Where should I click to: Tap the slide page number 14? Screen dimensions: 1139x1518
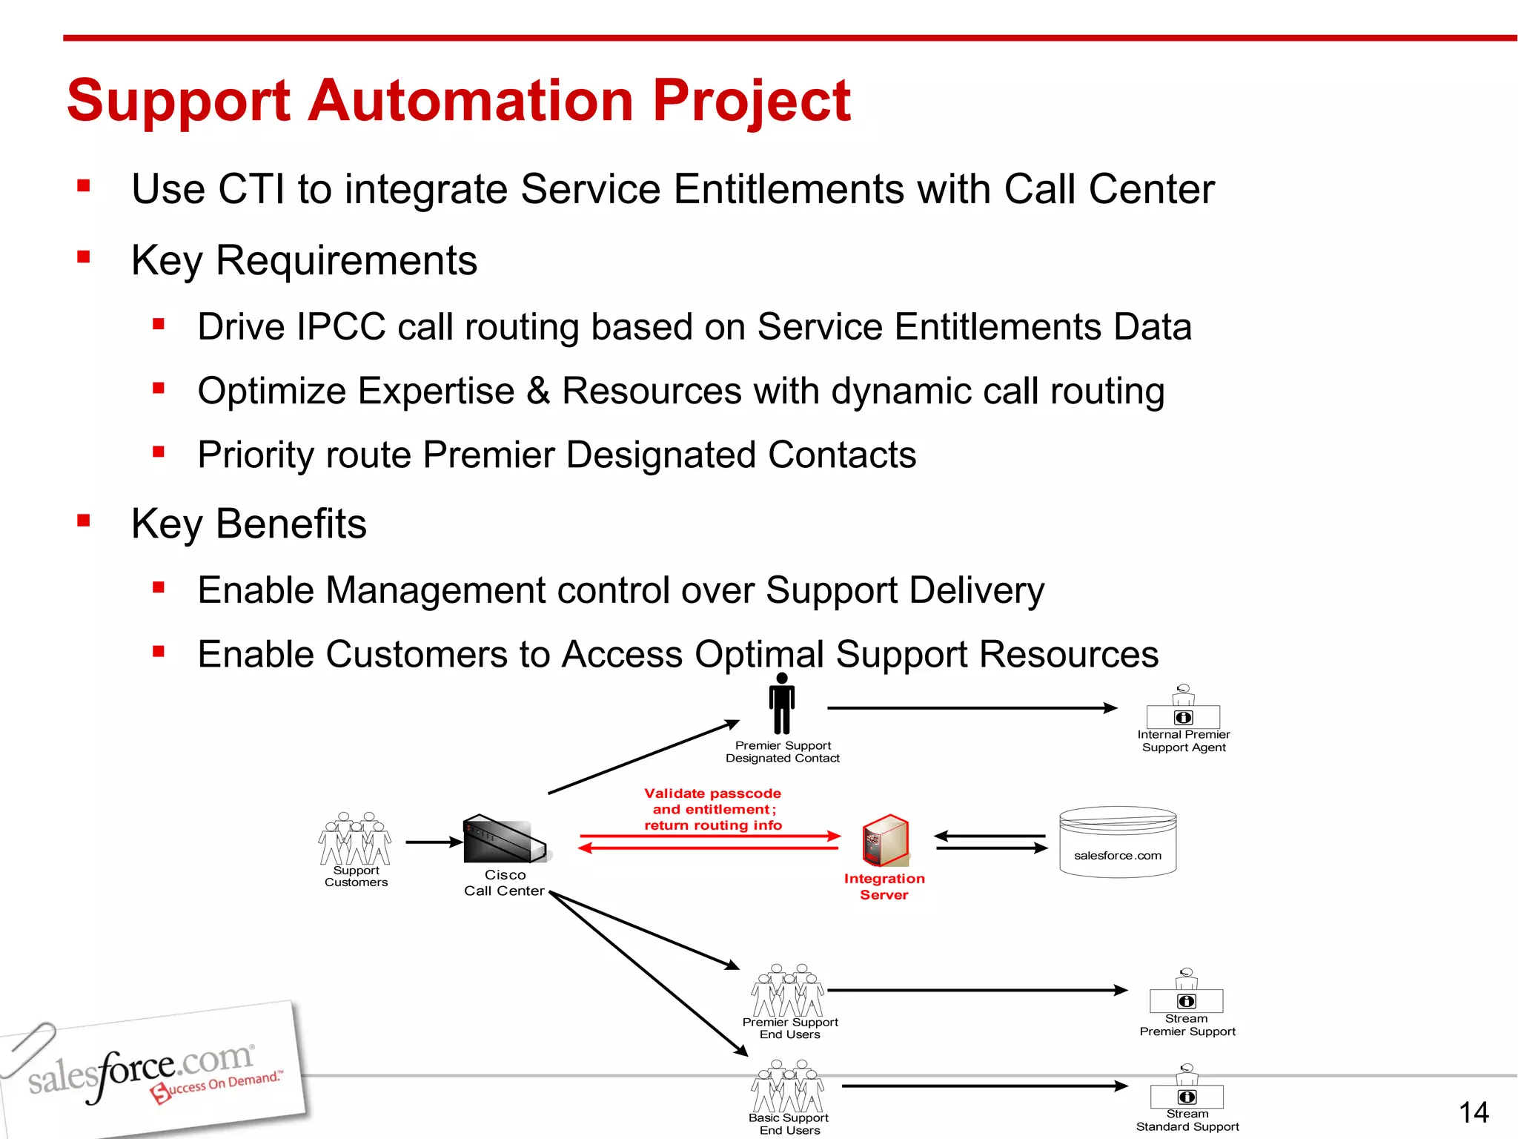pyautogui.click(x=1473, y=1112)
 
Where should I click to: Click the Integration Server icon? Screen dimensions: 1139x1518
pyautogui.click(x=886, y=840)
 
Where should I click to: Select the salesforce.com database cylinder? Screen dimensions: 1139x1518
pyautogui.click(x=1118, y=842)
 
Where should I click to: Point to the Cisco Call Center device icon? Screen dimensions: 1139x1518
pyautogui.click(x=504, y=839)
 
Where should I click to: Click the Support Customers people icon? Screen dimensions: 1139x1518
pyautogui.click(x=355, y=839)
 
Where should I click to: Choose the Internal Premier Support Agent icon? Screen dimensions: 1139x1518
pyautogui.click(x=1183, y=707)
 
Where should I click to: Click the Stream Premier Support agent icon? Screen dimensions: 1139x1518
pyautogui.click(x=1186, y=991)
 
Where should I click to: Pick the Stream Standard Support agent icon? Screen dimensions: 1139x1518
pyautogui.click(x=1187, y=1087)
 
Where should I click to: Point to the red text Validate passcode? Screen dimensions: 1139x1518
pyautogui.click(x=712, y=793)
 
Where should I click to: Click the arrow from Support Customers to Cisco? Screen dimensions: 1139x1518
pyautogui.click(x=434, y=842)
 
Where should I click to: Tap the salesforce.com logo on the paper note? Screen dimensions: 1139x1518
pyautogui.click(x=141, y=1069)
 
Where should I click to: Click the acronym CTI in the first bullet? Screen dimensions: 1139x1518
pyautogui.click(x=251, y=189)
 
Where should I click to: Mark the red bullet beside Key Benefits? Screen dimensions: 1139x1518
pyautogui.click(x=84, y=521)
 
